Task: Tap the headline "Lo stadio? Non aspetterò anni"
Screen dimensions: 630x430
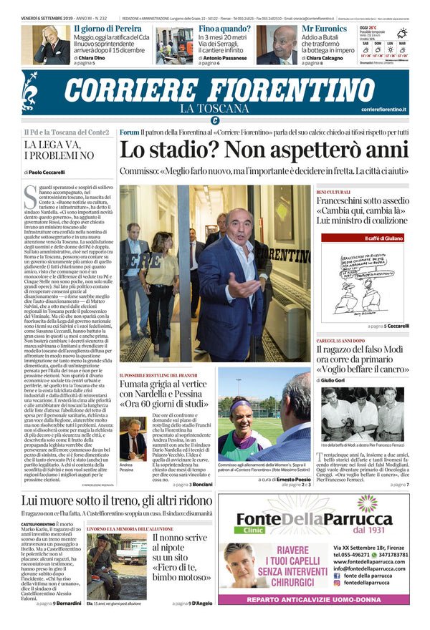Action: [264, 150]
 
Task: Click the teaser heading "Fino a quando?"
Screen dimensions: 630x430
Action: [226, 29]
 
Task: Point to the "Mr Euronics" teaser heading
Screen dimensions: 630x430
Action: [325, 29]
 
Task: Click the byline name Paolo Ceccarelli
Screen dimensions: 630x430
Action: [47, 173]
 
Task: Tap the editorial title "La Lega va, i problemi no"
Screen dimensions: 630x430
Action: [59, 150]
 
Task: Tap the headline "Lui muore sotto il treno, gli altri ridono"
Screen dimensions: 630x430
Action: [117, 501]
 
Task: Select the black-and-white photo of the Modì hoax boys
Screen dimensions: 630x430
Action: [362, 415]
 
